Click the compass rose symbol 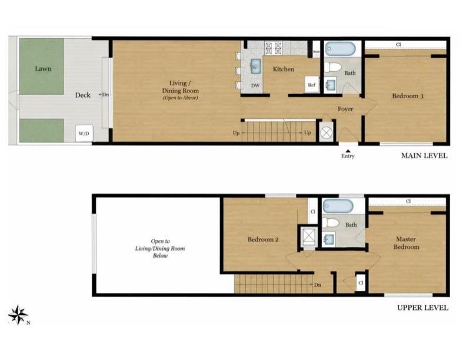tap(18, 315)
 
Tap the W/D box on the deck tap(84, 134)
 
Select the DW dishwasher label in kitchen tap(255, 85)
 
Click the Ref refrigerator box tap(312, 85)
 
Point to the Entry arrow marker tap(348, 151)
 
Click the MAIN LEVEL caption tap(424, 156)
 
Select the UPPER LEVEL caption tap(422, 308)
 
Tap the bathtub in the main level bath tap(338, 48)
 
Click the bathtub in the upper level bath tap(338, 206)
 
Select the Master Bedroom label tap(407, 243)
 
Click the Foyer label tap(345, 109)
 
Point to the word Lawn tap(43, 69)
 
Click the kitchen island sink tap(257, 66)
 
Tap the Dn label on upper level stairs tap(317, 285)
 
